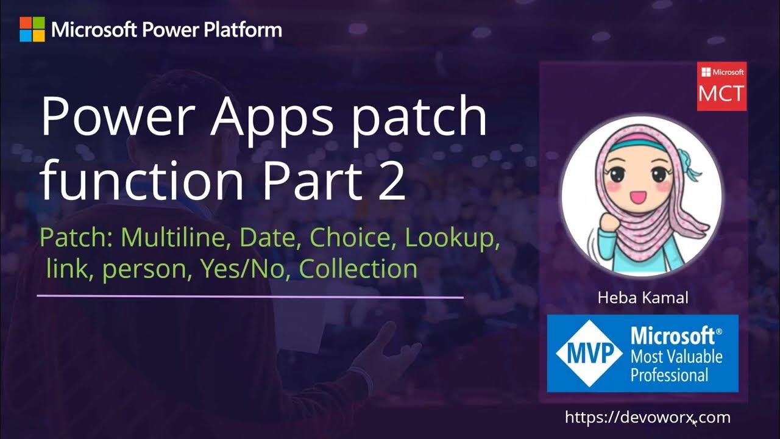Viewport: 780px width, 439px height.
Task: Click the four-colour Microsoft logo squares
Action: point(32,29)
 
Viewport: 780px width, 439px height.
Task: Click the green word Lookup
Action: point(453,238)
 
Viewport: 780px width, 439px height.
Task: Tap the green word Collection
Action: point(358,268)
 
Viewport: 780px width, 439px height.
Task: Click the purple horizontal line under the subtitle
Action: point(250,297)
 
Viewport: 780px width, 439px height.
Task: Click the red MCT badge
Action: point(721,87)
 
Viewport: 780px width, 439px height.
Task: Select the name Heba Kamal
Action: point(643,298)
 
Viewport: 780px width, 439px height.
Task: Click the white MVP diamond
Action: point(589,354)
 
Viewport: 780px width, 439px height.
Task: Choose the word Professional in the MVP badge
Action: point(669,374)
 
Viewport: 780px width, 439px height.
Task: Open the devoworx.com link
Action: point(647,418)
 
